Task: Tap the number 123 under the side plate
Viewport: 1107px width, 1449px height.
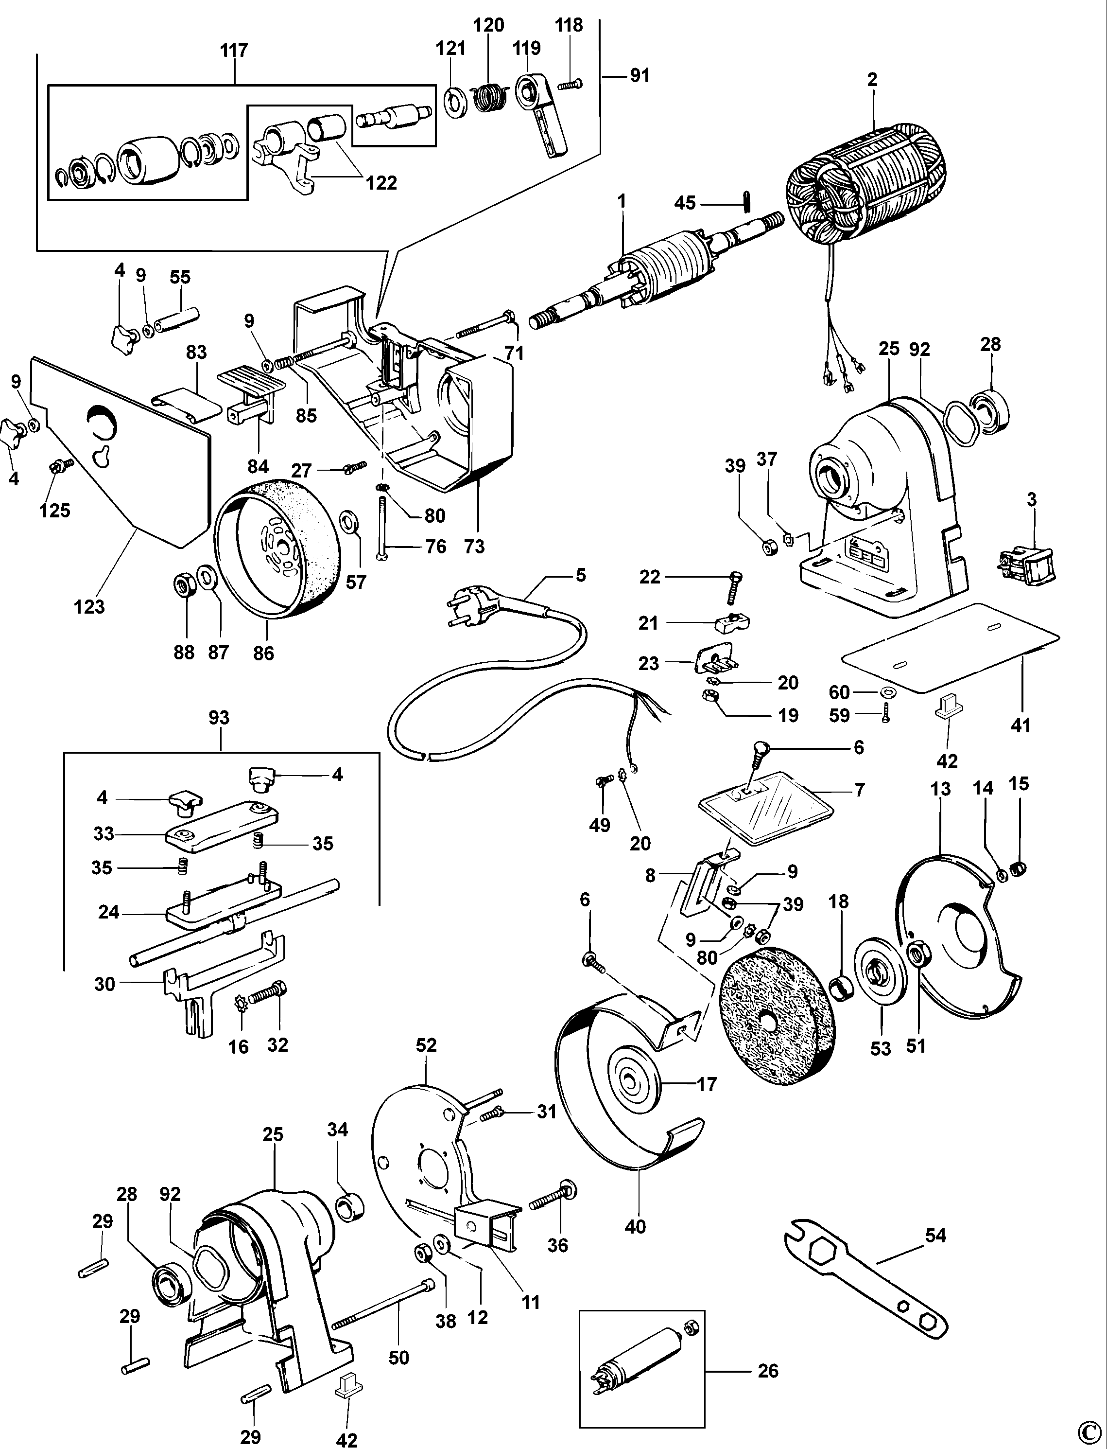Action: (89, 606)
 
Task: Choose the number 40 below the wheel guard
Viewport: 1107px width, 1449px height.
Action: (635, 1227)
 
